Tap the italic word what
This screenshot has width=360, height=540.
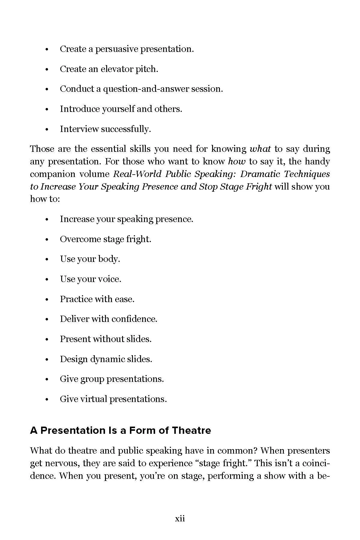pyautogui.click(x=260, y=149)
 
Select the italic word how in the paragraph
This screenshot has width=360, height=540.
pyautogui.click(x=237, y=161)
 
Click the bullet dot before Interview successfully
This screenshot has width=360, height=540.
pyautogui.click(x=46, y=130)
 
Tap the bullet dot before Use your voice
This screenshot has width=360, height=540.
pyautogui.click(x=46, y=280)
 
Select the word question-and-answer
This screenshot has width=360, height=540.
pyautogui.click(x=146, y=89)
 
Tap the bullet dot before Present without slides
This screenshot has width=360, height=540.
pyautogui.click(x=46, y=340)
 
